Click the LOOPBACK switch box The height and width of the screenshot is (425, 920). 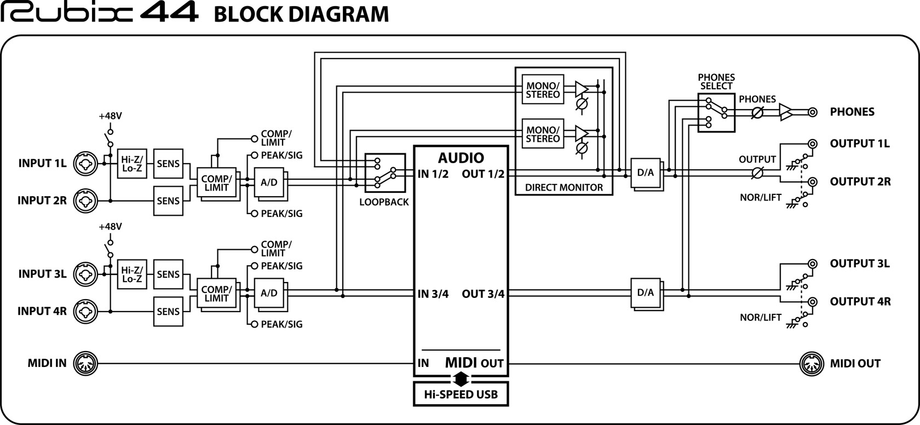tap(385, 173)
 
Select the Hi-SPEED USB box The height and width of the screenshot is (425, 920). tap(460, 394)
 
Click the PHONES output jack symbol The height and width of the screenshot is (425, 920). tap(813, 112)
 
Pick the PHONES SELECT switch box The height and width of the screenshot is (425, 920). tap(716, 112)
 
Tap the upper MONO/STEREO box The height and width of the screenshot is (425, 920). tap(543, 90)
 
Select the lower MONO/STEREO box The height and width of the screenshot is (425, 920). tap(543, 134)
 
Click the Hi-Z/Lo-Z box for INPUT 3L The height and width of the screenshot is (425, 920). tap(131, 274)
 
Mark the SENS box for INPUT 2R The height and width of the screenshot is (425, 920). tap(168, 201)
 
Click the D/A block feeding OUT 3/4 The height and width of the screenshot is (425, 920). tap(646, 293)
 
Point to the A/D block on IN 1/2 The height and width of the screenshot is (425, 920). tap(268, 182)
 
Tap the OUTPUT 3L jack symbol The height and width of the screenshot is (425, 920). tap(813, 264)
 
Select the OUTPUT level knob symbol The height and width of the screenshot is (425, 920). tap(758, 173)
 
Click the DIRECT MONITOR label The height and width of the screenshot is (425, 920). tap(563, 187)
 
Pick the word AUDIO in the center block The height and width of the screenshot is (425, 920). tap(461, 158)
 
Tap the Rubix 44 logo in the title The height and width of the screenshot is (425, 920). tap(99, 13)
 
